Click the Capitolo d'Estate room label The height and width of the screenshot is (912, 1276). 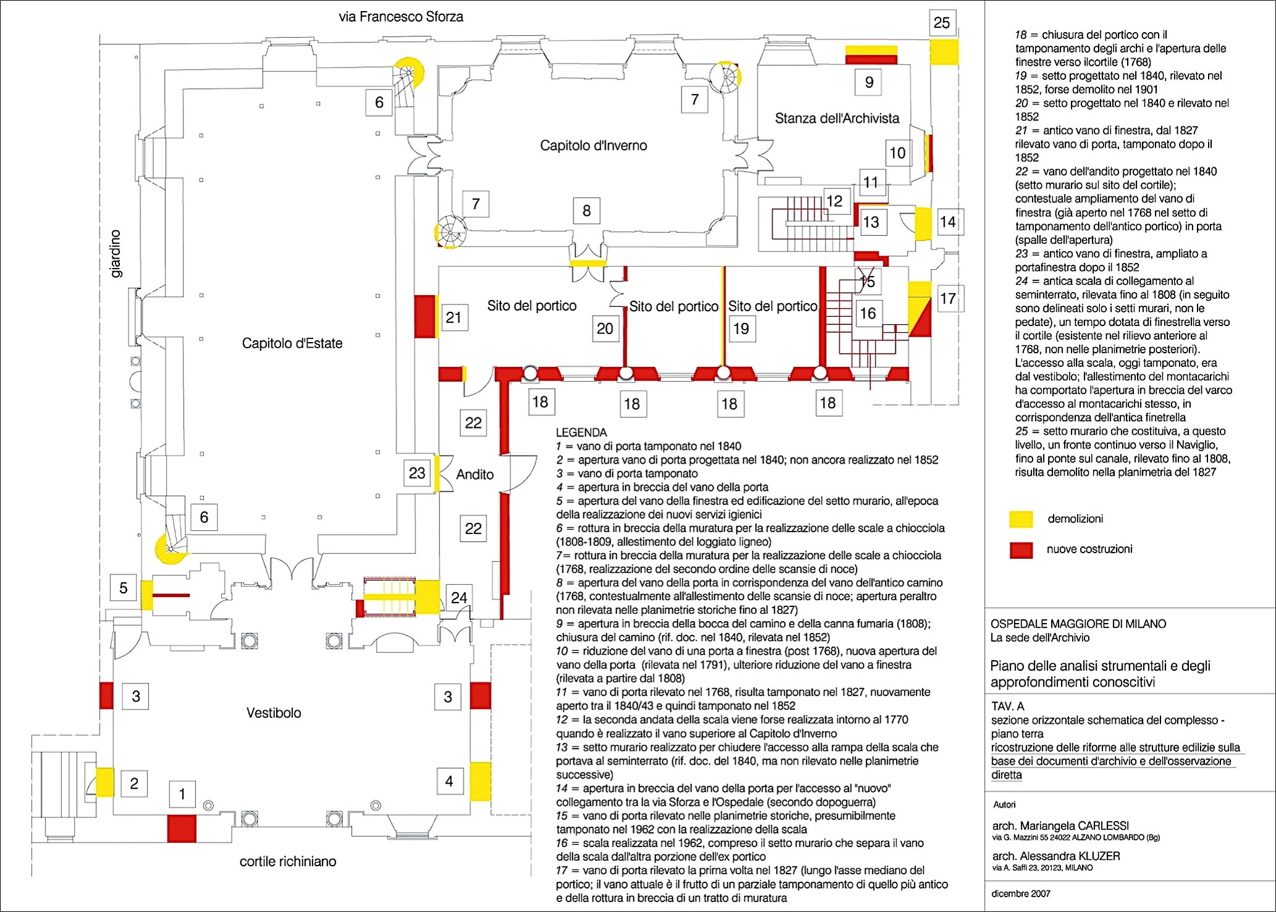pyautogui.click(x=292, y=343)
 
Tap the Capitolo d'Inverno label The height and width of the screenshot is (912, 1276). pyautogui.click(x=593, y=146)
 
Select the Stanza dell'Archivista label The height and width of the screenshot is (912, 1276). pyautogui.click(x=837, y=118)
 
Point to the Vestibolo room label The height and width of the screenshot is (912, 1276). pyautogui.click(x=274, y=713)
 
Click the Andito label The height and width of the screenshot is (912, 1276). pyautogui.click(x=475, y=474)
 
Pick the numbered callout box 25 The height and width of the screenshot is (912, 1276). pyautogui.click(x=941, y=23)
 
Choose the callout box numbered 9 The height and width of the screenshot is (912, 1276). pyautogui.click(x=869, y=82)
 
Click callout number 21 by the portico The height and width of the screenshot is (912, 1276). pyautogui.click(x=454, y=317)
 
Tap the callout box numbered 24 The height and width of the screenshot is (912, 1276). pyautogui.click(x=458, y=598)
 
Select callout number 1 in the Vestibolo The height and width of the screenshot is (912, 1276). pyautogui.click(x=182, y=794)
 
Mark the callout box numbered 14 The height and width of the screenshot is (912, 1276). pyautogui.click(x=947, y=222)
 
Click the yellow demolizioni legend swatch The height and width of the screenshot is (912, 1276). pyautogui.click(x=1021, y=519)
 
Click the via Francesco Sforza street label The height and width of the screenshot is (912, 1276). pyautogui.click(x=400, y=17)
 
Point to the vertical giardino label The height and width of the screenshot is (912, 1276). pyautogui.click(x=116, y=254)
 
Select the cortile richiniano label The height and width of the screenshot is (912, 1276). pyautogui.click(x=288, y=862)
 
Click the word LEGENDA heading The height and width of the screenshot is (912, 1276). pyautogui.click(x=581, y=433)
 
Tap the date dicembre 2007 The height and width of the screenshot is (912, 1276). pyautogui.click(x=1021, y=893)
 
